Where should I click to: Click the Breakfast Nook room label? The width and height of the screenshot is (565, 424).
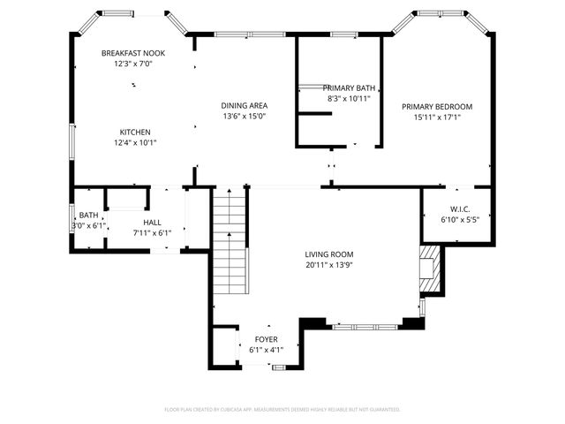(132, 53)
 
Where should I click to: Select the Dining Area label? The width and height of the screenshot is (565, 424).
(244, 106)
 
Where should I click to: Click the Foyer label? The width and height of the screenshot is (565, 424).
(266, 339)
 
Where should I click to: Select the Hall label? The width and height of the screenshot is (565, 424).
(152, 223)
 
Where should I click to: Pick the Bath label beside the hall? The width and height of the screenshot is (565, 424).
(88, 216)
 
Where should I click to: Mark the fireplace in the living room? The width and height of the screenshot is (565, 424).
(429, 269)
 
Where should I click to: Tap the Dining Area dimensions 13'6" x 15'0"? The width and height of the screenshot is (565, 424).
(244, 117)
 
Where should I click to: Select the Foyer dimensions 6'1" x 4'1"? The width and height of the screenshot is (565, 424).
(266, 350)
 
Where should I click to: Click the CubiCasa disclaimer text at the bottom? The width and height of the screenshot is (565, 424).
(282, 410)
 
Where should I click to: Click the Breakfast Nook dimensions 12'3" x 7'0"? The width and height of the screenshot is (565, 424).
(132, 64)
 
